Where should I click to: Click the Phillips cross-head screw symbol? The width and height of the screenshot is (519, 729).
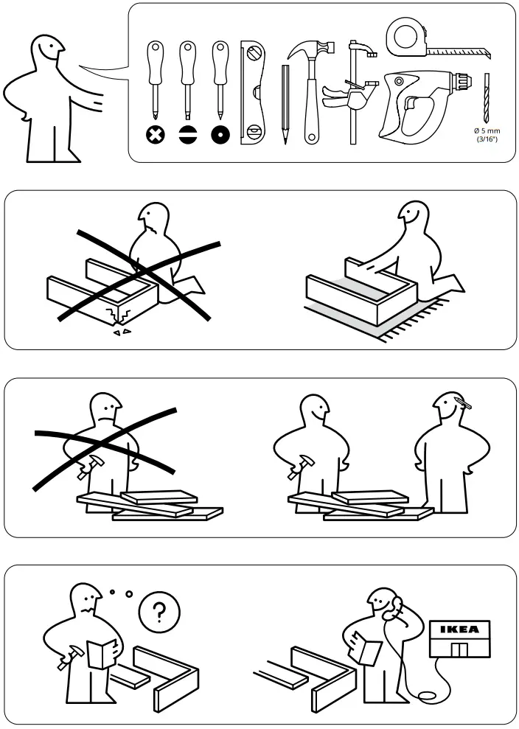(155, 135)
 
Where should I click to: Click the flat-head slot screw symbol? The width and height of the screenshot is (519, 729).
(188, 135)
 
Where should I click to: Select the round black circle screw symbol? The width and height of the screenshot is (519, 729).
(220, 135)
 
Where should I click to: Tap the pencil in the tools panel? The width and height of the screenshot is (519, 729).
(285, 103)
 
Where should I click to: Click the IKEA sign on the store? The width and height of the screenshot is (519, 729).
(459, 629)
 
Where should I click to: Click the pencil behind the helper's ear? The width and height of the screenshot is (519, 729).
(465, 402)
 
